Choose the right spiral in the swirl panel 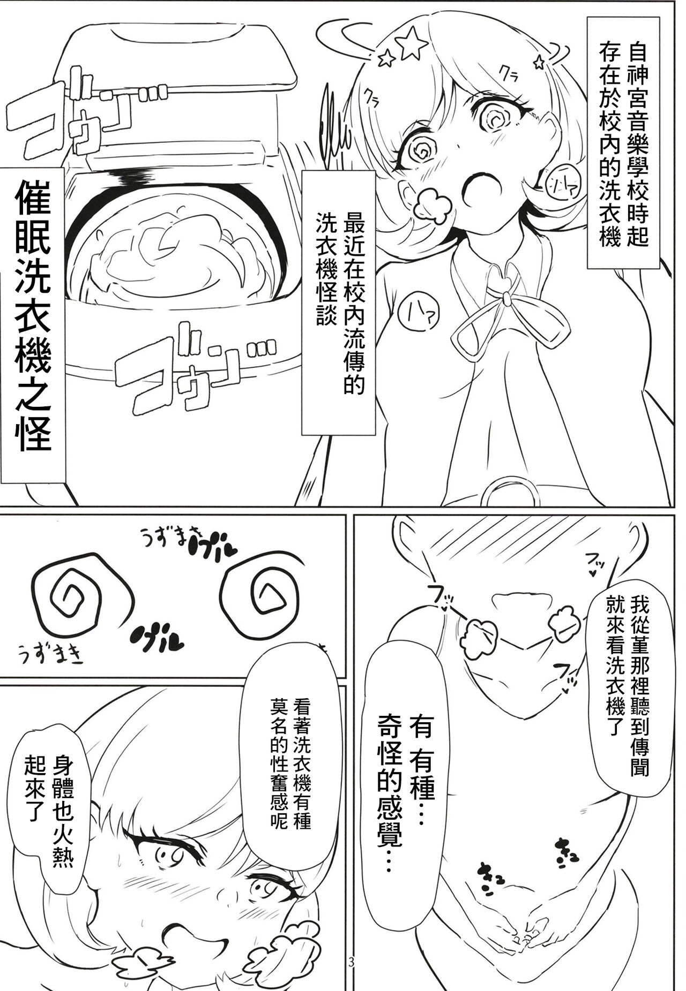click(x=275, y=602)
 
